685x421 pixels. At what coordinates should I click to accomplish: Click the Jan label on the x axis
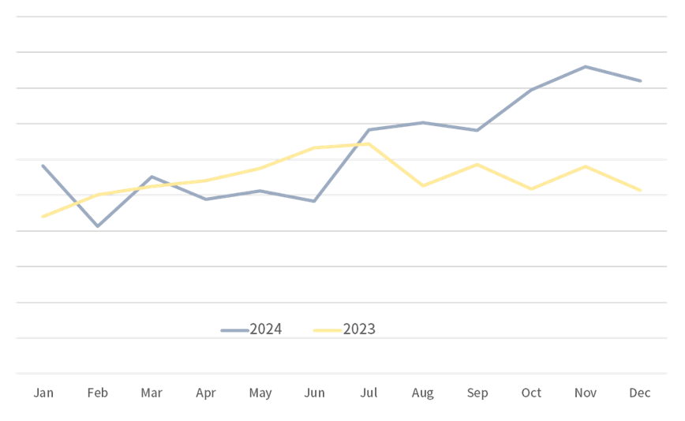tap(43, 393)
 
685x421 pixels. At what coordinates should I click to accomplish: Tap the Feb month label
tap(98, 393)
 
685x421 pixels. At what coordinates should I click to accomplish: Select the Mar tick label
tap(152, 393)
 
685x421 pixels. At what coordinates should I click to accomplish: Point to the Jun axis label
tap(314, 393)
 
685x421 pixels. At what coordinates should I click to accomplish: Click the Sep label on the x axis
tap(477, 393)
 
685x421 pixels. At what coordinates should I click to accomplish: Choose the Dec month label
tap(640, 393)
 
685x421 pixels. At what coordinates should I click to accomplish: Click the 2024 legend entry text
tap(266, 330)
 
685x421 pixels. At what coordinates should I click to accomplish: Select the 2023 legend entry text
tap(360, 330)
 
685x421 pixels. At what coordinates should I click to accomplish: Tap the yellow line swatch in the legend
tap(328, 330)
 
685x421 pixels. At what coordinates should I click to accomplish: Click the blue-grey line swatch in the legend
tap(234, 330)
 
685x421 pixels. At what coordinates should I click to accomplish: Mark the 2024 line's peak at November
tap(586, 66)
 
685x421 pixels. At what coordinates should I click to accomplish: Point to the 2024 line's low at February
tap(98, 226)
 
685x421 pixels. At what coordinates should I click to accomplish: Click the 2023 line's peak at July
tap(369, 143)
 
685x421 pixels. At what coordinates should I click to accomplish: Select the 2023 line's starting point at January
tap(43, 216)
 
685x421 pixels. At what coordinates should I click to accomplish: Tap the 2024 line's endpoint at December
tap(641, 80)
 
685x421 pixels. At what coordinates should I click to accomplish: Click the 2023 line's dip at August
tap(423, 185)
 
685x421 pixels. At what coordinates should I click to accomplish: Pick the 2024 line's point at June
tap(314, 201)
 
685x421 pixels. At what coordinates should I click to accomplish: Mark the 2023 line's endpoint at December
tap(641, 190)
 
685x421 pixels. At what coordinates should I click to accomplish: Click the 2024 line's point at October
tap(532, 90)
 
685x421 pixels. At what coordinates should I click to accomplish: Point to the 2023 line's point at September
tap(477, 164)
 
